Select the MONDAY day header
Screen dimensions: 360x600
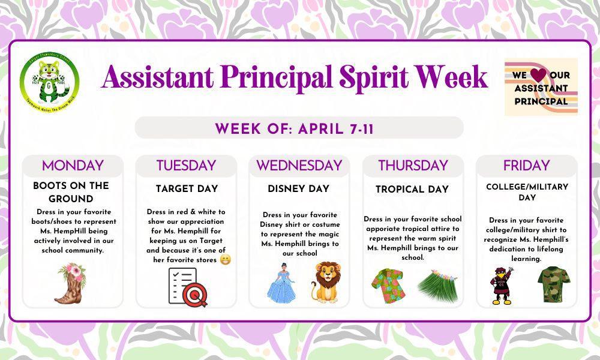(73, 166)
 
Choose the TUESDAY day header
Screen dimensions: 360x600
(186, 166)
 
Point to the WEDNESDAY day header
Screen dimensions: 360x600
(299, 166)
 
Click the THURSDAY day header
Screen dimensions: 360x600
(413, 166)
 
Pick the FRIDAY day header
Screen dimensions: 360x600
(526, 166)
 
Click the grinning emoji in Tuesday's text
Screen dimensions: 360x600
(225, 260)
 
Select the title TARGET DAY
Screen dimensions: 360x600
(187, 189)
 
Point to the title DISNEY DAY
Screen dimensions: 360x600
(299, 189)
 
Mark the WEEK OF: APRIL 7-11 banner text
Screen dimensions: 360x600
(295, 128)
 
